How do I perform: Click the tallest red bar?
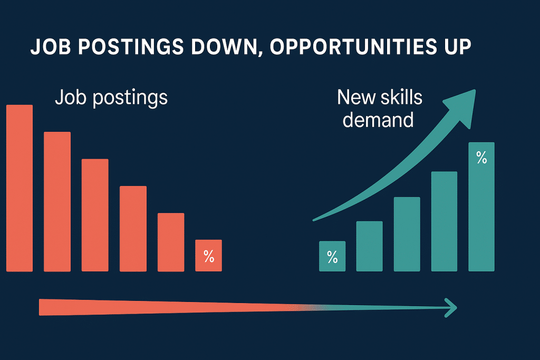coord(20,188)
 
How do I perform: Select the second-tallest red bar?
coord(57,201)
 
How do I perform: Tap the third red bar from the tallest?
coord(95,215)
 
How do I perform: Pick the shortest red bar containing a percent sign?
coord(208,256)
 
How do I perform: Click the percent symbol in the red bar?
coord(209,257)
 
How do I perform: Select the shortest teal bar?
coord(332,257)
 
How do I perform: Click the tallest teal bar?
coord(481,207)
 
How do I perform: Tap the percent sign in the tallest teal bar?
coord(481,157)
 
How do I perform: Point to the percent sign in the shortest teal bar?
coord(332,257)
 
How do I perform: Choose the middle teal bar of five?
coord(407,234)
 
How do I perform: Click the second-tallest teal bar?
coord(444,221)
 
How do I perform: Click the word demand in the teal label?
coord(378,120)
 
